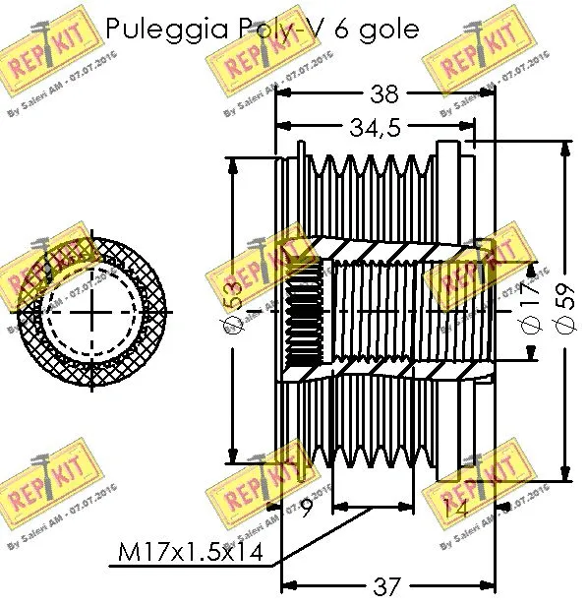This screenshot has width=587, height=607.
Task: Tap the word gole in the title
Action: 390,30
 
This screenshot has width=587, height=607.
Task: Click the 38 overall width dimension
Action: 383,93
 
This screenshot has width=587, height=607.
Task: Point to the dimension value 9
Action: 306,510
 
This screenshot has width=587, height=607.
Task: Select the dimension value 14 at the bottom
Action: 454,510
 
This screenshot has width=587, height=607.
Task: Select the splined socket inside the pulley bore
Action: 303,315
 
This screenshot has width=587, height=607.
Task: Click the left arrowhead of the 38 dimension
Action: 280,93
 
